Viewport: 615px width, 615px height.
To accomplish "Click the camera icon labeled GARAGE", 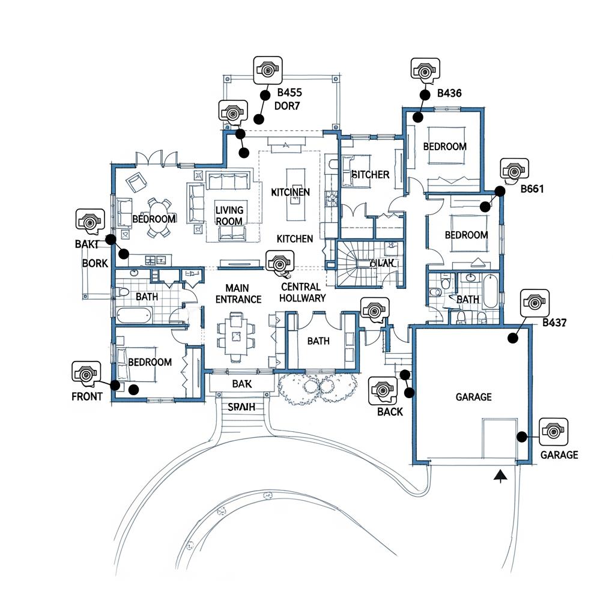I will click(x=553, y=431).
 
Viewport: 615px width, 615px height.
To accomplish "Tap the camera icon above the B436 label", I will click(x=425, y=71).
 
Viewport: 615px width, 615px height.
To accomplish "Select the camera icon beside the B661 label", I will click(x=514, y=171).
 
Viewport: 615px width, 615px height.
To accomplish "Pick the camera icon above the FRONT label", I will click(x=86, y=374).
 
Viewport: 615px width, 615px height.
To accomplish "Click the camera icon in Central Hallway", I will click(x=279, y=262).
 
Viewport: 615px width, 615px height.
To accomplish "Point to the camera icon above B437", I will click(x=535, y=302).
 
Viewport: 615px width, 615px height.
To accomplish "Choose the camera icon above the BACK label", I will click(x=383, y=391).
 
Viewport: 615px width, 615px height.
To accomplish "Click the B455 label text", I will click(x=289, y=93).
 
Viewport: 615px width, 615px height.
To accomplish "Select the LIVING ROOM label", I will click(x=229, y=216).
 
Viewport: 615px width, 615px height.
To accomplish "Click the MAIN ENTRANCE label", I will click(x=238, y=294).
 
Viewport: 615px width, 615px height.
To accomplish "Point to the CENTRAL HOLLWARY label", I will click(x=303, y=292).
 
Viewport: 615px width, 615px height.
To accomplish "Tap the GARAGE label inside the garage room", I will click(x=473, y=397).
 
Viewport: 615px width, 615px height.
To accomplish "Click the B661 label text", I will click(x=532, y=189).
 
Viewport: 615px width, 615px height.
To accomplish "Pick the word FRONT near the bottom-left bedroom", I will click(x=87, y=396).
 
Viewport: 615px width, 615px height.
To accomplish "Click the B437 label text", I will click(x=554, y=323).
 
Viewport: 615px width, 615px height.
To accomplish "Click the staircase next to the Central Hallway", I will click(x=355, y=264).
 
